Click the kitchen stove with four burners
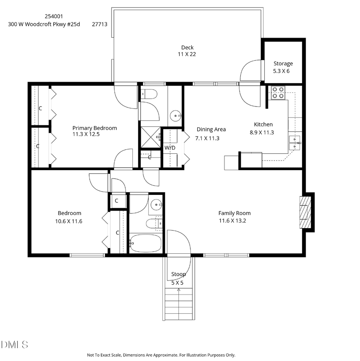278,93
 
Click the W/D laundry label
170,148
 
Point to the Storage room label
283,63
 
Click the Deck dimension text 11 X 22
187,54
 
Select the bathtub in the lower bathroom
145,243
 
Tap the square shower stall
150,138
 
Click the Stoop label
178,274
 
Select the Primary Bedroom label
94,128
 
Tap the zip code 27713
100,24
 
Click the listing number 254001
54,16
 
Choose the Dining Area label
211,129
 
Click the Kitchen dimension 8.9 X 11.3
264,132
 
